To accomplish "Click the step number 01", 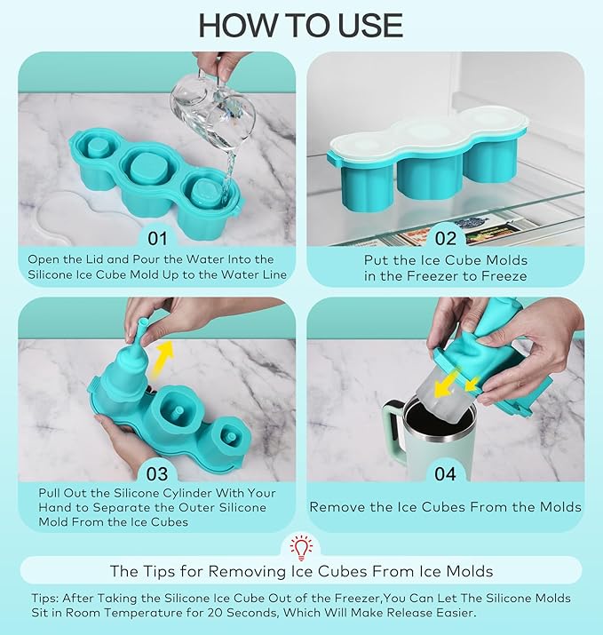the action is tap(157, 239).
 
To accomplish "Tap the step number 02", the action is tap(446, 239).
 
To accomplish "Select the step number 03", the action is tap(157, 474).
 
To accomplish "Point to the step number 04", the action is tap(446, 474).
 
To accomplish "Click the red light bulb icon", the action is tap(301, 548).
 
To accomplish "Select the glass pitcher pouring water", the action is tap(212, 109).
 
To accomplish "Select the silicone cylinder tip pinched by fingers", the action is tap(142, 328).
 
